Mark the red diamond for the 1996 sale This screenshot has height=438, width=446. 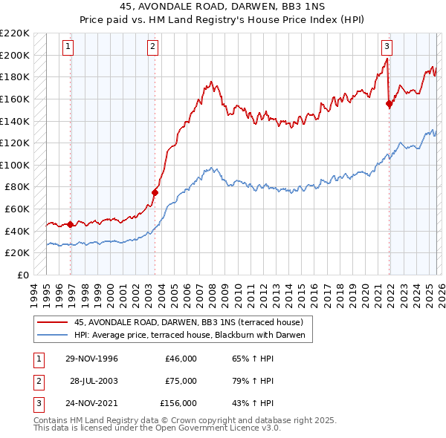[x=71, y=224]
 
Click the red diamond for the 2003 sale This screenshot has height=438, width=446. [x=155, y=192]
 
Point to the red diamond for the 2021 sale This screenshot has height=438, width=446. [x=390, y=104]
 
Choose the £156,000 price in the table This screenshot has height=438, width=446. [x=178, y=403]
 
